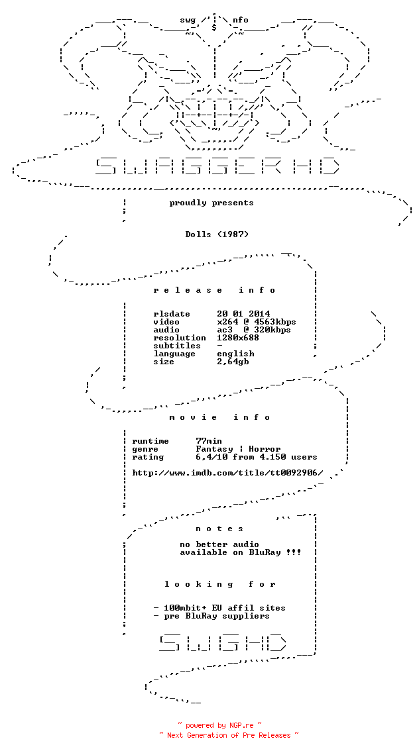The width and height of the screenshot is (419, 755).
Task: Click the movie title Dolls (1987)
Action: [217, 234]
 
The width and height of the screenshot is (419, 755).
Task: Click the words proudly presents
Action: [211, 203]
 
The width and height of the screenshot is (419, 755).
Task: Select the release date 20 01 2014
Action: [243, 314]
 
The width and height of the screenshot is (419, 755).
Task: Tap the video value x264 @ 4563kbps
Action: [257, 322]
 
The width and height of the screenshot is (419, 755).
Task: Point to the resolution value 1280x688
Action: [238, 338]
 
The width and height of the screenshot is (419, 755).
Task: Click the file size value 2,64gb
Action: [233, 362]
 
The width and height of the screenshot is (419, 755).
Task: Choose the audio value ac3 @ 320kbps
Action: [254, 330]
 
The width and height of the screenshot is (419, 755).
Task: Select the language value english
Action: [236, 354]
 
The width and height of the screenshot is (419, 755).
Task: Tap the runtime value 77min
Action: [209, 441]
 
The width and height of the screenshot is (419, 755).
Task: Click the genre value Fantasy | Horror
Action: [238, 449]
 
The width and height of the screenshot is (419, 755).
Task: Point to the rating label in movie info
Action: [148, 457]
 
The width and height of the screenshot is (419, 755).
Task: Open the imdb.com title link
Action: [227, 473]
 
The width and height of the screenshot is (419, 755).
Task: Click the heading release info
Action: [215, 290]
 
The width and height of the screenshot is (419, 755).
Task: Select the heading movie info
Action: [220, 417]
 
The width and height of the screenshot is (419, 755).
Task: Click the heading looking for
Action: [220, 584]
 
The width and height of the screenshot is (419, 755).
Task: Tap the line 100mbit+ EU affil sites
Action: [219, 608]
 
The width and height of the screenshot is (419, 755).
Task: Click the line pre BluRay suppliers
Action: [211, 616]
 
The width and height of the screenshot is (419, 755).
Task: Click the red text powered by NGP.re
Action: [220, 725]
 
